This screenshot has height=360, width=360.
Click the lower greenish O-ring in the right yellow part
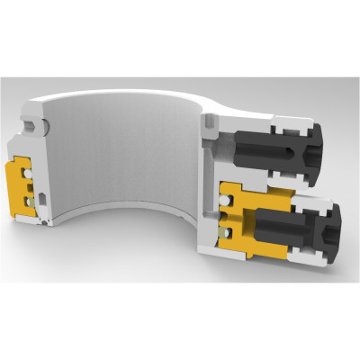[x=227, y=233]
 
